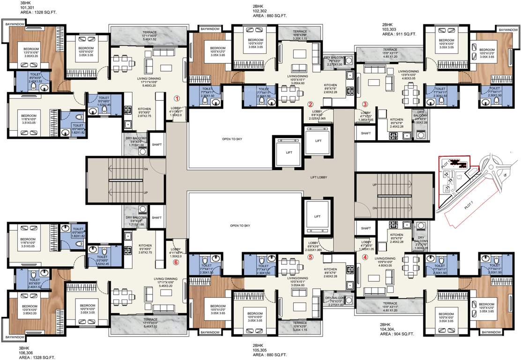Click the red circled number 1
coord(177,98)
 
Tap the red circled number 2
coord(310,104)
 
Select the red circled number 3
coord(366,104)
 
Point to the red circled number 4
coord(365,256)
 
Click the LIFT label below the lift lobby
coord(317,217)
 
